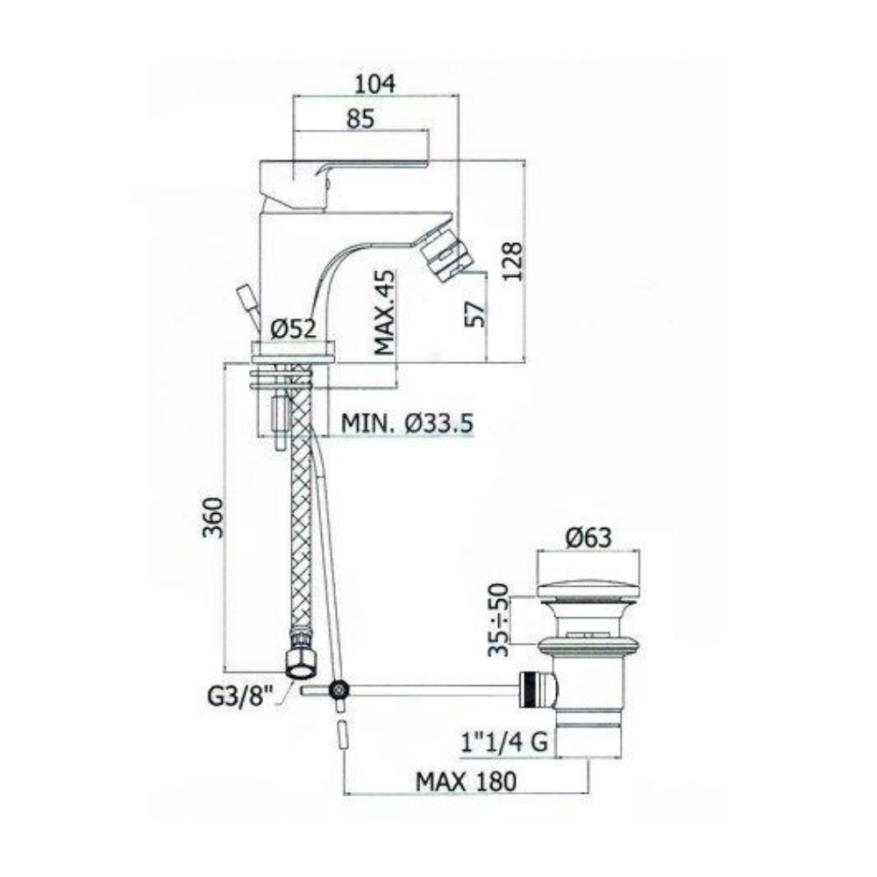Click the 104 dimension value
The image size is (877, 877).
375,83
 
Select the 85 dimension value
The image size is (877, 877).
360,118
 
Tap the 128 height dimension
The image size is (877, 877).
512,261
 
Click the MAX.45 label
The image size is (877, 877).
384,312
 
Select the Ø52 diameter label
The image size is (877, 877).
293,329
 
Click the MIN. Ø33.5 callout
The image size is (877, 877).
407,424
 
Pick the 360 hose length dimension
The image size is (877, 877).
212,517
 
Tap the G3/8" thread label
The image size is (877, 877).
240,697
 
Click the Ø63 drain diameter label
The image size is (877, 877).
588,538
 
